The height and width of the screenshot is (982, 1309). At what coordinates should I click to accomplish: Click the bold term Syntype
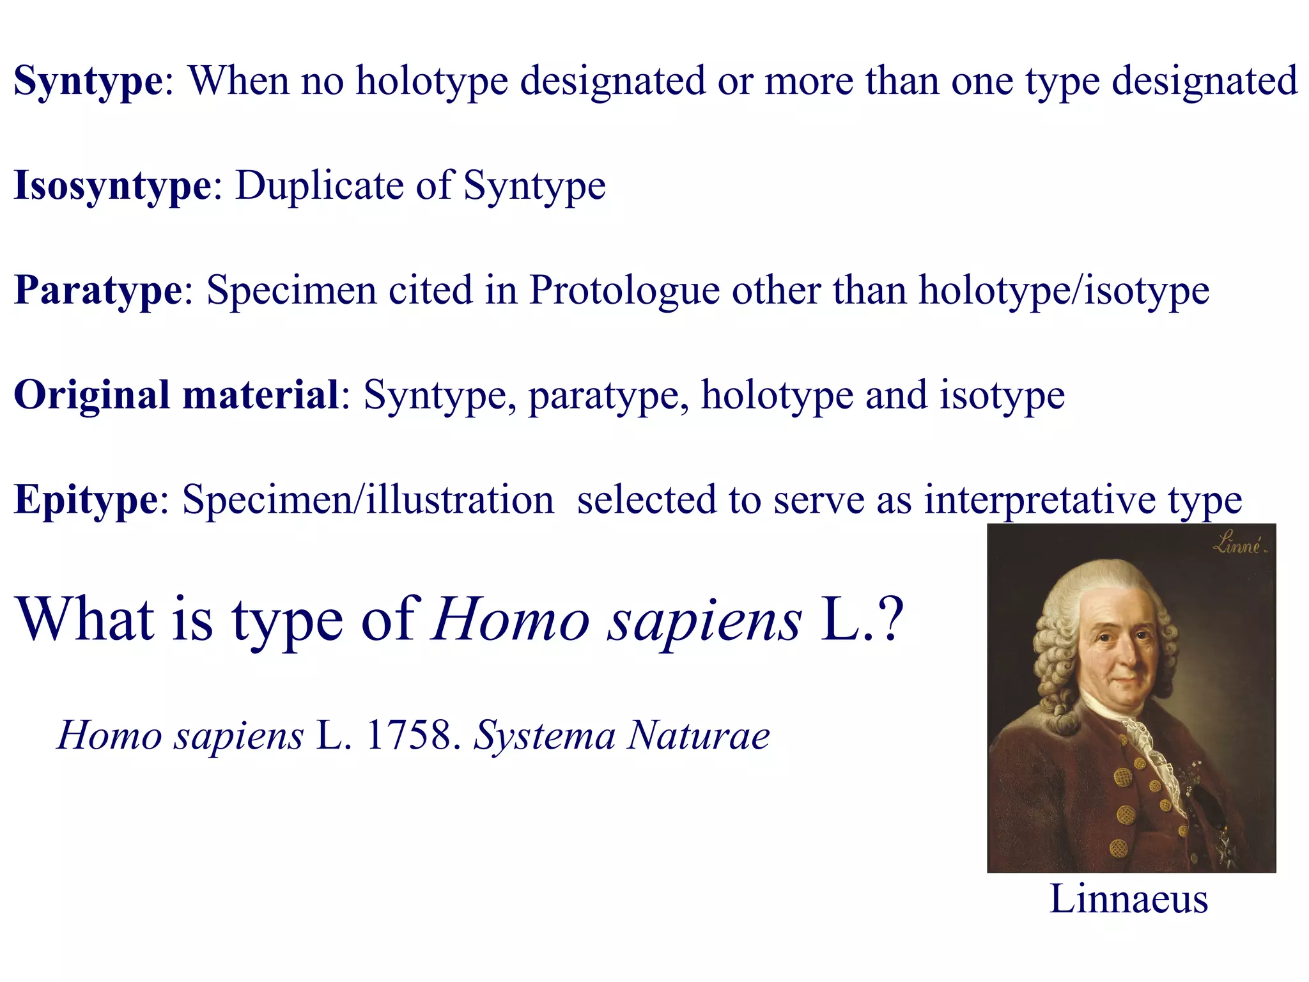88,82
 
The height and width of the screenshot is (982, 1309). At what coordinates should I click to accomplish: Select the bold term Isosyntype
112,186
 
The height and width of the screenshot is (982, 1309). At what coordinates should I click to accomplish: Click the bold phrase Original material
176,395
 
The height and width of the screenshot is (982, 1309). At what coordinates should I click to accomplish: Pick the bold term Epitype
86,500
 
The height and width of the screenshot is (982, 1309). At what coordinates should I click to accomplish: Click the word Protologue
624,291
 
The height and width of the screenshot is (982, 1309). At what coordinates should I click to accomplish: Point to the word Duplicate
320,186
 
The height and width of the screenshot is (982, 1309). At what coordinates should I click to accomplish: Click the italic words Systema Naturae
621,735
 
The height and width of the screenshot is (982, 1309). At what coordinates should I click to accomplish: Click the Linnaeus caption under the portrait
1129,899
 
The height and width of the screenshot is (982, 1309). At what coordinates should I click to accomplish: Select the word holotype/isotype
1064,291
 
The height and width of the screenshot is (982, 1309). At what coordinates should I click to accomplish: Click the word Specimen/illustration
368,500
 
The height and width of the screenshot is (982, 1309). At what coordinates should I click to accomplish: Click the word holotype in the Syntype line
432,82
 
